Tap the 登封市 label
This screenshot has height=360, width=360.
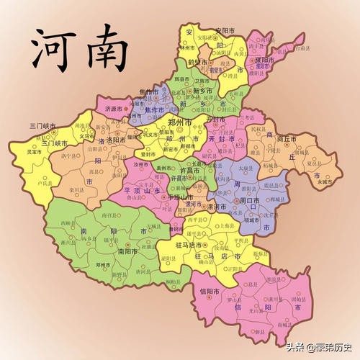pyautogui.click(x=150, y=153)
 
